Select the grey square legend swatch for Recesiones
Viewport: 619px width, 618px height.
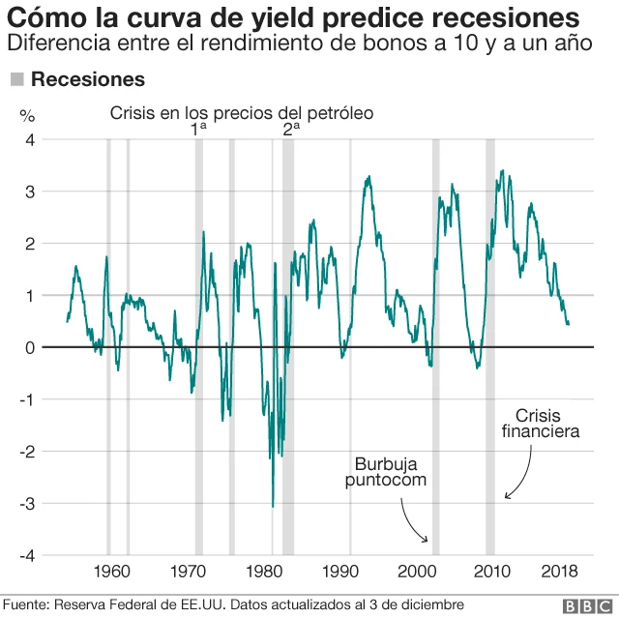tap(16, 79)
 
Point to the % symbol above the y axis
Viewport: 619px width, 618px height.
tap(27, 115)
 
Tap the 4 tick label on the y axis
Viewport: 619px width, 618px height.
tap(30, 139)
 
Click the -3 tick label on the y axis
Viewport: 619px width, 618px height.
tap(27, 504)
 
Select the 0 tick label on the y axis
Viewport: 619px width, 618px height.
tap(30, 347)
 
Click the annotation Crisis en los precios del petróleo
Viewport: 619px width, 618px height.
tap(241, 113)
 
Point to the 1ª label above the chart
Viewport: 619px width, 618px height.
tap(198, 128)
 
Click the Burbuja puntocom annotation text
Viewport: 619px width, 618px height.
tap(384, 472)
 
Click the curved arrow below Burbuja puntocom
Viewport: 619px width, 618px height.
tap(415, 524)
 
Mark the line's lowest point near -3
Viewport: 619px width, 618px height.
tap(273, 506)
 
